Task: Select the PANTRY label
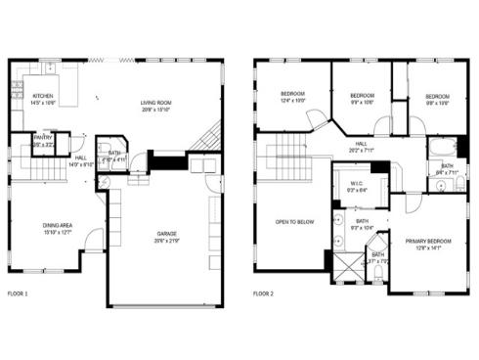[43, 138]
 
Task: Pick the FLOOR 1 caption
[18, 293]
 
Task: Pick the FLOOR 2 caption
[264, 293]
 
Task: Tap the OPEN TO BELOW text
[294, 222]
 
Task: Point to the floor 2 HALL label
[361, 144]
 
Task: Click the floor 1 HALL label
[81, 158]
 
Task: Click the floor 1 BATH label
[114, 154]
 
